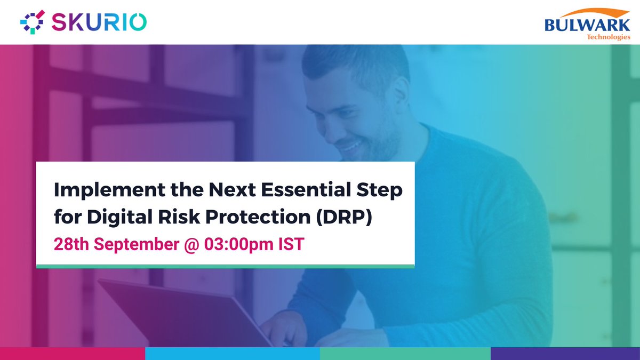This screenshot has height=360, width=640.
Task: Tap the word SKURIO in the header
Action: (99, 22)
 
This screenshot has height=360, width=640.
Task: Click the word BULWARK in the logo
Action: (587, 25)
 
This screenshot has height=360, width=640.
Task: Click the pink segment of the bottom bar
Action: (72, 353)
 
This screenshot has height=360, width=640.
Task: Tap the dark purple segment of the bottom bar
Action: (565, 353)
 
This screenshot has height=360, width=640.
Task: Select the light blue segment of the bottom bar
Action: (232, 353)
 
